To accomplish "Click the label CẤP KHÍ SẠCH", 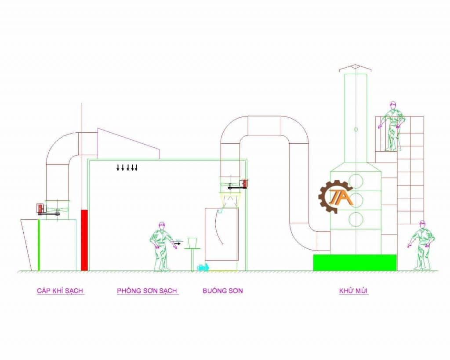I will coord(60,291).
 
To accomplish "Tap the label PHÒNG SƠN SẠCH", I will coord(147,291).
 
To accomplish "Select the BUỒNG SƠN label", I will coord(222,291).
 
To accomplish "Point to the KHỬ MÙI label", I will coord(353,291).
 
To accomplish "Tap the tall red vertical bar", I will coord(84,240).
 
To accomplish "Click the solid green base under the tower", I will coord(354,262).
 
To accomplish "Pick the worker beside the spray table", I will coord(162,246).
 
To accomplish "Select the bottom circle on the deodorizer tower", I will coord(356,218).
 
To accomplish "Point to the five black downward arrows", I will coord(127,167).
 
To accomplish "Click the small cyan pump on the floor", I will coord(203,267).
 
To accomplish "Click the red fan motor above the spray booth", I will coord(244,183).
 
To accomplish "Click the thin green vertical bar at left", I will coord(39,245).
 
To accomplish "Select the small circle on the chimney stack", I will coord(356,129).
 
